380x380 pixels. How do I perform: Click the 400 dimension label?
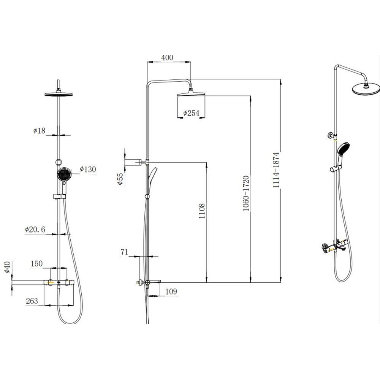tap(167, 57)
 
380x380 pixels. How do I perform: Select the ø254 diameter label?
tap(191, 113)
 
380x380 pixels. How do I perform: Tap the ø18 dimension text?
tap(39, 131)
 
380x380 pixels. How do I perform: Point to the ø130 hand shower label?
tap(88, 169)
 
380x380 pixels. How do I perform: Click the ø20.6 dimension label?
tap(35, 229)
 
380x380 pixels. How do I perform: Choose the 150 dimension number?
tap(36, 264)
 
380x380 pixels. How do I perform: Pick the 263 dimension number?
tap(32, 301)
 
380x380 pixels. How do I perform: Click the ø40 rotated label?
tap(8, 267)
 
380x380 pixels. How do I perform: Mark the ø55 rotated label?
tap(120, 179)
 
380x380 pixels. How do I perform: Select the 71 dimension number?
tap(124, 252)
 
